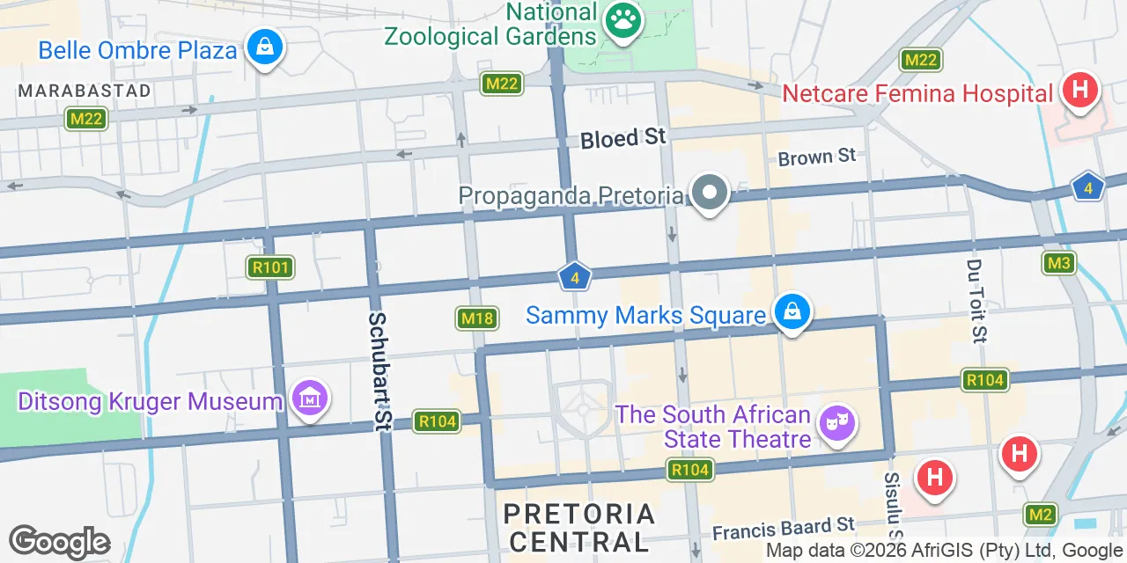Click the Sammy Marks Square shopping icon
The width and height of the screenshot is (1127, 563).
[x=792, y=312]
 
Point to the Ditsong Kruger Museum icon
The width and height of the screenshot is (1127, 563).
[x=309, y=399]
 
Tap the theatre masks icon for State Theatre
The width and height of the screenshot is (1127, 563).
[x=836, y=423]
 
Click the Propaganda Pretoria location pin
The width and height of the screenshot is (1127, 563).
[x=709, y=194]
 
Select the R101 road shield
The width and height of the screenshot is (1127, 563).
[x=270, y=267]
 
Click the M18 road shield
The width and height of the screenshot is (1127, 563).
[x=477, y=318]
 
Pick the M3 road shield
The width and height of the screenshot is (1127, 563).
[x=1059, y=262]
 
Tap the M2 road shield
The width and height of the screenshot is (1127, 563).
[x=1041, y=514]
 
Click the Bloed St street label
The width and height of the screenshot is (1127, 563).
[x=622, y=138]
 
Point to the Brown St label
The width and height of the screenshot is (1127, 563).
[x=817, y=157]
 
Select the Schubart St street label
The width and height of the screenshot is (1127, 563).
[x=379, y=371]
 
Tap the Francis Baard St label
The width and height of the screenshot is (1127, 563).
[x=784, y=529]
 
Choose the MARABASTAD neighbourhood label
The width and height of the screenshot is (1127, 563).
[x=85, y=91]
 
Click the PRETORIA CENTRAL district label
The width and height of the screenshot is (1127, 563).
[x=579, y=526]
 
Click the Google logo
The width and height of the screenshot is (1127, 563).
[x=59, y=543]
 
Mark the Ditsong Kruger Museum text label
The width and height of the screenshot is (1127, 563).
[x=150, y=402]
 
